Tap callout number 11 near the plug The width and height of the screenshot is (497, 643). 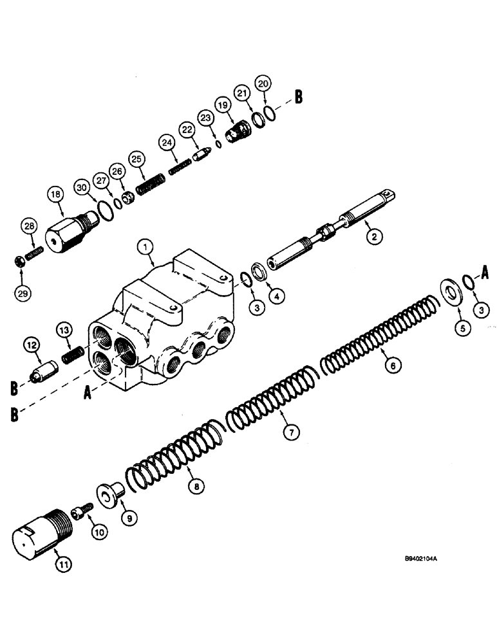click(64, 565)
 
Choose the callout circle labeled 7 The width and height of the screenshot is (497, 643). click(292, 433)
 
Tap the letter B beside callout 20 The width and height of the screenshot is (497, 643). click(298, 97)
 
